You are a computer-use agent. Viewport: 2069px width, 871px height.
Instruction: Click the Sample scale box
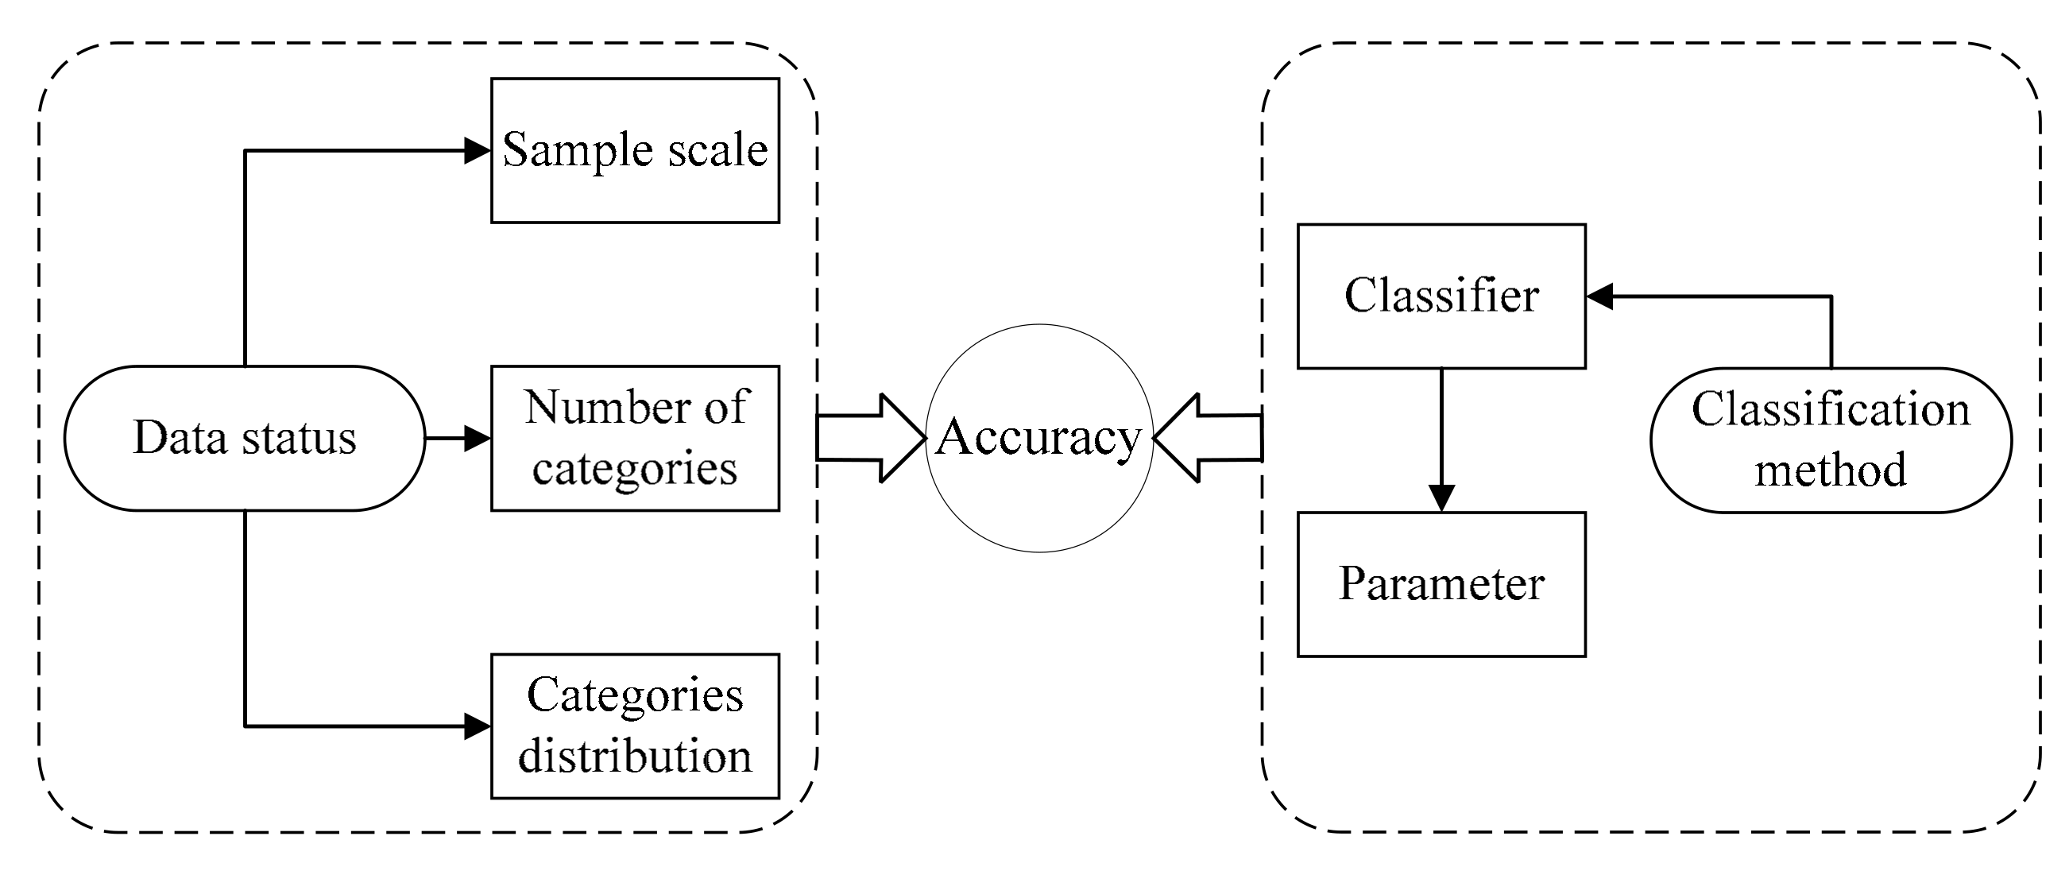[635, 150]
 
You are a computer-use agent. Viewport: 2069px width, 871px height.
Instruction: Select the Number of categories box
[635, 439]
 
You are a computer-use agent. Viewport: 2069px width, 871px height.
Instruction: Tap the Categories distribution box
[635, 726]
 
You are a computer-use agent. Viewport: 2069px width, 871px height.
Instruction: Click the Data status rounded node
[244, 439]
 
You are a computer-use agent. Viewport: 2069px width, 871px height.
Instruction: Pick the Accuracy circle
[1039, 439]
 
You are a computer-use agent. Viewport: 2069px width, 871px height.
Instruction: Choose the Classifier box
[1441, 296]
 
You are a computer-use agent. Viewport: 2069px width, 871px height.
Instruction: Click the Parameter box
[1441, 584]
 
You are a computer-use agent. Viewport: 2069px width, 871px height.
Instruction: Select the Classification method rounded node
[1831, 440]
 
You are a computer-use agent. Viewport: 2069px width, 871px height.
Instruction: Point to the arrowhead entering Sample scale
[477, 150]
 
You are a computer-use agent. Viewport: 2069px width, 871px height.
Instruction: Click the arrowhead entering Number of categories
[477, 439]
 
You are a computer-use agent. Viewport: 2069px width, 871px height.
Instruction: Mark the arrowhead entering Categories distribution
[477, 726]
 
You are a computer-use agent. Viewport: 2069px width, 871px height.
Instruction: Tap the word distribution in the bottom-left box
[635, 756]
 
